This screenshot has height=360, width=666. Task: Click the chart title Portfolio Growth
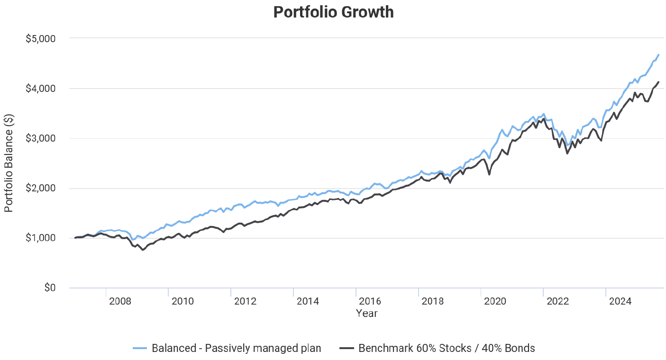[333, 12]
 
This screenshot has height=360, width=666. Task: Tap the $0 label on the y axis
[49, 288]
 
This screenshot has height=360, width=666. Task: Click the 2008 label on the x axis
[120, 301]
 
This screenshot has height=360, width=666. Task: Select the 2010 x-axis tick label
[182, 301]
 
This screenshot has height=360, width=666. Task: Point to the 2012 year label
[245, 301]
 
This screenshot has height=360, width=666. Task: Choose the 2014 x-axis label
[308, 301]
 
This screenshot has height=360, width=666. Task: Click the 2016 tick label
[370, 301]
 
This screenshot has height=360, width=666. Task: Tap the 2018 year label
[433, 301]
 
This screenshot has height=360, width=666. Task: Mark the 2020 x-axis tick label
[495, 301]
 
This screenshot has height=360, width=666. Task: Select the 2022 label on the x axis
[558, 301]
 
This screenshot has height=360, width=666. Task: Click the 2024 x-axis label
[620, 301]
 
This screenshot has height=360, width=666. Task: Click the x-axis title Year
[367, 314]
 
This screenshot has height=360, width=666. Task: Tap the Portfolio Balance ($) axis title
[9, 162]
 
